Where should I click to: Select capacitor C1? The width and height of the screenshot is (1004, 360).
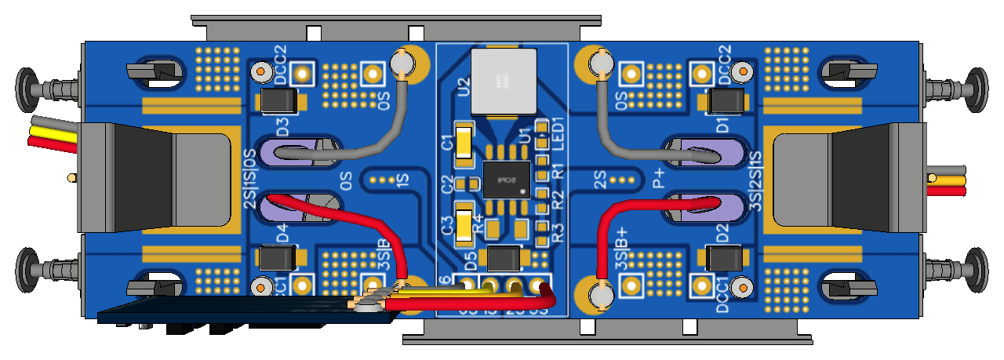464,144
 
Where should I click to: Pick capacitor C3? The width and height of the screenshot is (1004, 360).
464,224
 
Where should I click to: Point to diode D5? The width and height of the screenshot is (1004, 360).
504,257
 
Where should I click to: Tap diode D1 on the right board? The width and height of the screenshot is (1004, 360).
726,102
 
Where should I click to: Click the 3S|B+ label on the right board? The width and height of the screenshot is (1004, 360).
622,249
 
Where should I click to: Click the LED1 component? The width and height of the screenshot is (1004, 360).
540,125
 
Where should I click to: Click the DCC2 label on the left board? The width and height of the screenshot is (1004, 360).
280,60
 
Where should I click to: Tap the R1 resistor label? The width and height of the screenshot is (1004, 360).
558,169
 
